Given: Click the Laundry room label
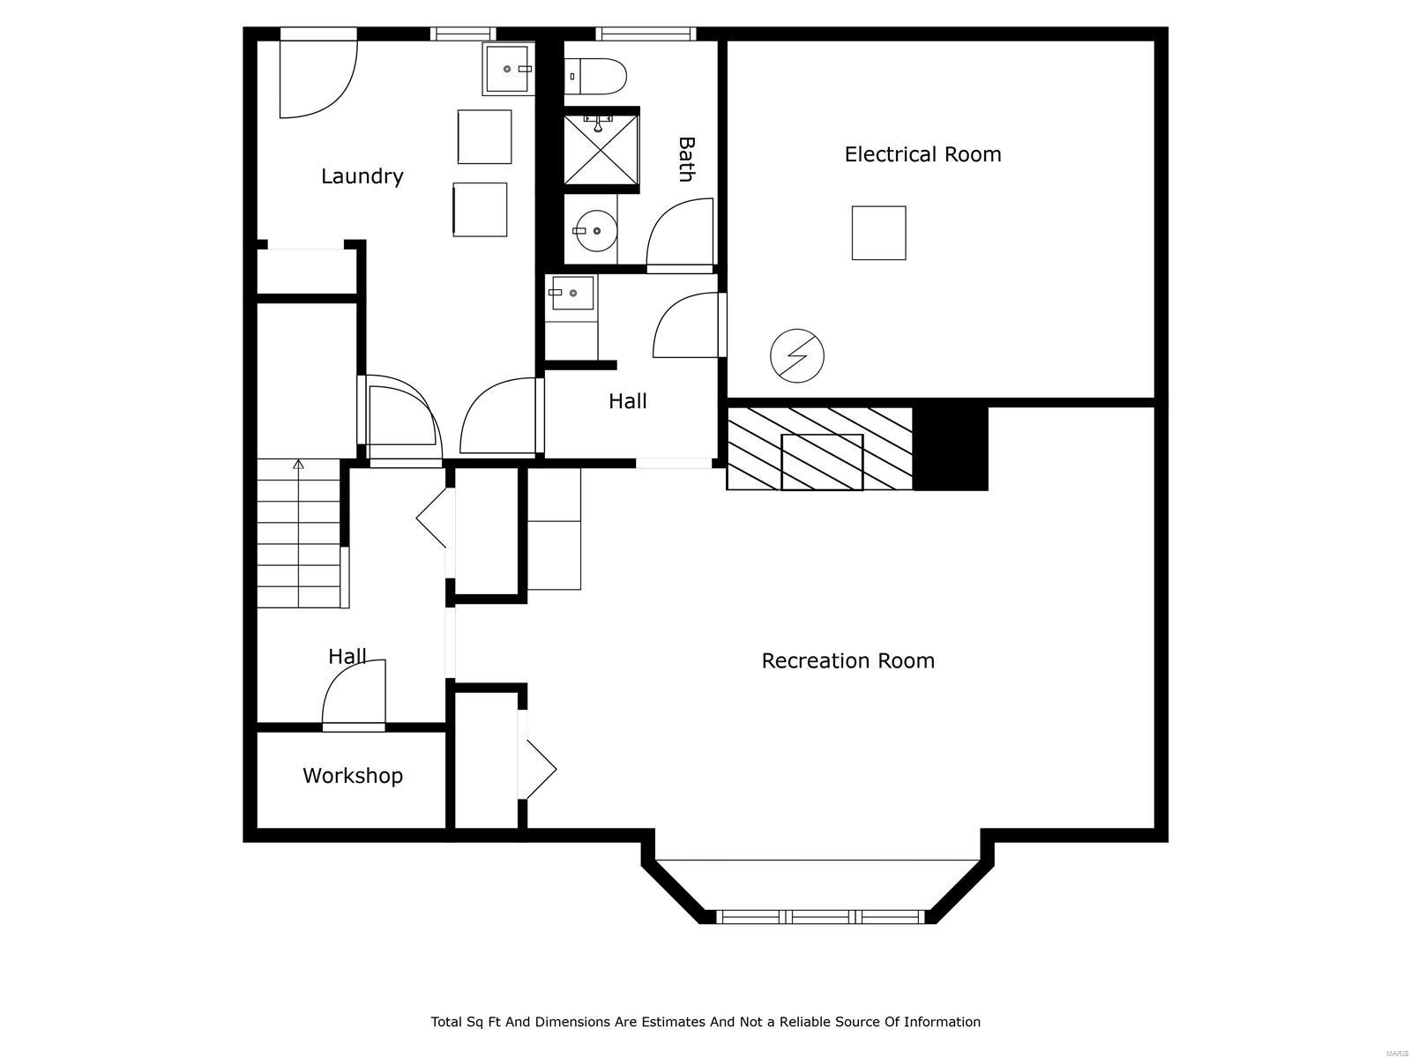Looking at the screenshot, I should pos(362,176).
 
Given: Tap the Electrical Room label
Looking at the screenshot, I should pos(922,154).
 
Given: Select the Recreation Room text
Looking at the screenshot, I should pos(847,660).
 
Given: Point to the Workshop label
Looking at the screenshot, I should pos(353,776).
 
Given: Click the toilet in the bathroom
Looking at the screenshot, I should pos(595,75).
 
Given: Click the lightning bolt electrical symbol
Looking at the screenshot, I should pos(797,356).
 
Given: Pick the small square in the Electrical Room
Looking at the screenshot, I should pos(878,233).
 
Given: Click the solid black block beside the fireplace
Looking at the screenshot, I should pos(950,445).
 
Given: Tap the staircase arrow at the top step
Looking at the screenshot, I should pos(298,465).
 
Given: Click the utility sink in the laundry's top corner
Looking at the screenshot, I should pos(509,69).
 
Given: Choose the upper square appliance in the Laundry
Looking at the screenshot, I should pos(484,137).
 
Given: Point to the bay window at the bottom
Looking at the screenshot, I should pos(820,916).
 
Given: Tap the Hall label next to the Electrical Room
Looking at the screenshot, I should pos(628,401).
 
